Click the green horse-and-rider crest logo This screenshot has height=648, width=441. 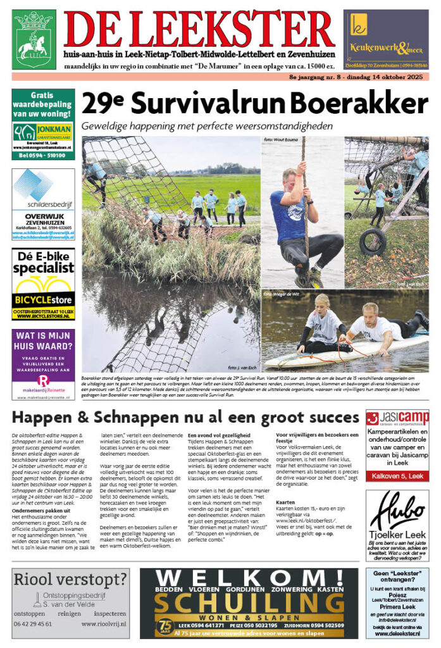coord(34,39)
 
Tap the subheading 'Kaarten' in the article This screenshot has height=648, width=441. coord(286,503)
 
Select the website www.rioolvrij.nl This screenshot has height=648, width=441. coord(104,623)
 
